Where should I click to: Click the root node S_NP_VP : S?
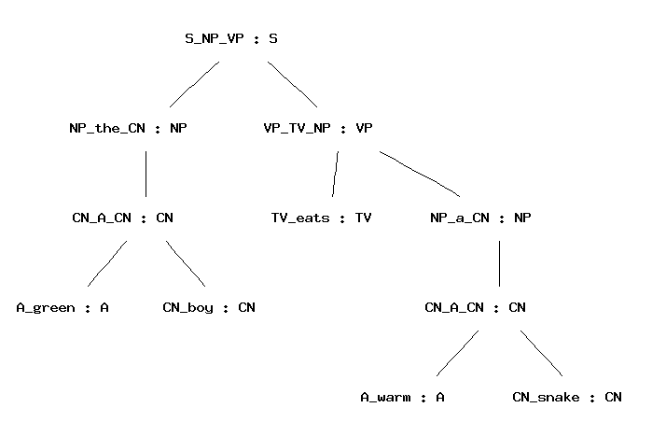point(231,39)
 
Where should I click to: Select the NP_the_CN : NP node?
point(128,129)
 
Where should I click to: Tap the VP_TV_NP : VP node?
point(318,129)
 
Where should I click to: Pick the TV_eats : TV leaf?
point(322,218)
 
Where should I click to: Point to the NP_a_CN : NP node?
point(480,218)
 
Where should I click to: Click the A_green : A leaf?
point(62,307)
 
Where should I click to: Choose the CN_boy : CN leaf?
point(209,307)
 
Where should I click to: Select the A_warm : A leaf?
point(402,398)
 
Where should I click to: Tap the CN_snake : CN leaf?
point(567,398)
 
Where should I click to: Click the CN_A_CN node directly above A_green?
point(122,218)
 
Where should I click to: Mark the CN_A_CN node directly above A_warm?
point(475,307)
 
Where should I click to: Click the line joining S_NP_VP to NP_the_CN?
point(194,84)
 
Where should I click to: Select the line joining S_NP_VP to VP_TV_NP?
point(292,84)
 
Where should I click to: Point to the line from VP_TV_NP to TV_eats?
point(335,173)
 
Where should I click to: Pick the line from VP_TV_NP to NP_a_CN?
point(420,173)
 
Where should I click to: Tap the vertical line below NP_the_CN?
point(146,173)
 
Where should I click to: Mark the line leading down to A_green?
point(106,263)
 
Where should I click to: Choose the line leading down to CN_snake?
point(542,353)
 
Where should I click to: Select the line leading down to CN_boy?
point(187,263)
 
